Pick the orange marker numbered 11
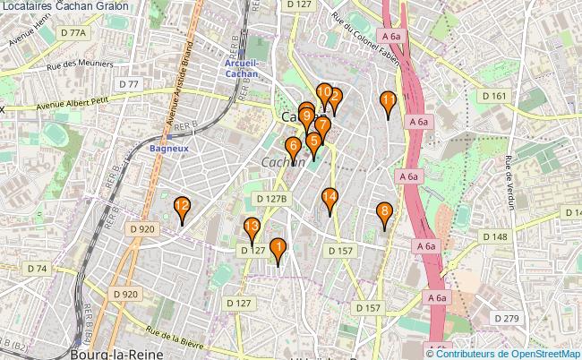(x=388, y=101)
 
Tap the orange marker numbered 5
(x=313, y=141)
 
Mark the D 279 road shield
(x=506, y=319)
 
